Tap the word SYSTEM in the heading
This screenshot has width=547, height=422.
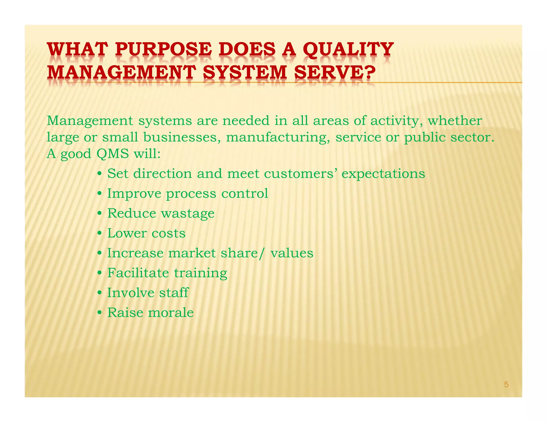point(245,73)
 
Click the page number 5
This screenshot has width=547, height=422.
point(506,384)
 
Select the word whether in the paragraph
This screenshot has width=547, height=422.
point(455,121)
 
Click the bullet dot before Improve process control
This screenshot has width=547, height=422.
point(99,194)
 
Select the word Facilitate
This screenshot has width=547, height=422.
point(138,273)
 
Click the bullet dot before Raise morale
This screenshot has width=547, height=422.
point(99,313)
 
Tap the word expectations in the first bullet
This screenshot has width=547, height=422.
point(383,174)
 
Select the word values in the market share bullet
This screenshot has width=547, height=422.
point(292,253)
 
